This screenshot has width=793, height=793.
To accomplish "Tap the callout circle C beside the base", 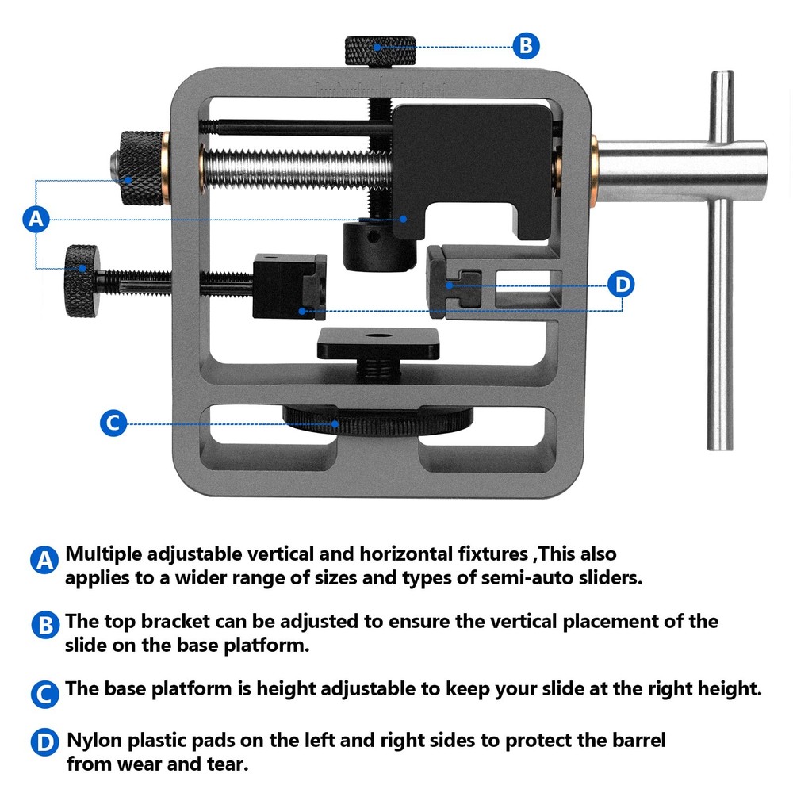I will click(113, 423).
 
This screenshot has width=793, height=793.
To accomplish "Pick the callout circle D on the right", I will click(622, 284).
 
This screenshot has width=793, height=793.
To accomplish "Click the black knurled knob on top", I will click(380, 50).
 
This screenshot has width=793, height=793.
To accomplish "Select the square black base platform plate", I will click(379, 343).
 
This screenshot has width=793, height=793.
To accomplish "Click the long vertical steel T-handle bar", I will click(720, 262).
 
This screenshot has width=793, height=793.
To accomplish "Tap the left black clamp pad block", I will click(289, 286).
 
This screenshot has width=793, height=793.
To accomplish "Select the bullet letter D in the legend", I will click(46, 743).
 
